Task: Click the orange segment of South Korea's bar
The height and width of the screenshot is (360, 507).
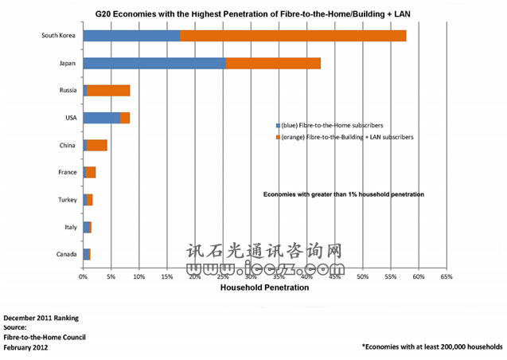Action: (x=292, y=36)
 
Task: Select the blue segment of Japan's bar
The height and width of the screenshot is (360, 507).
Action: (x=154, y=64)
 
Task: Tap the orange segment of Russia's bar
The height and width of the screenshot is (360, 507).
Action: (x=108, y=91)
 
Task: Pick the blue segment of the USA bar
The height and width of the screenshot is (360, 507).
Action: (x=102, y=118)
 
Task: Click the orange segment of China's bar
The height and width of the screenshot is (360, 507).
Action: (x=97, y=145)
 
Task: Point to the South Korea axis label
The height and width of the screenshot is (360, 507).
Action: (x=59, y=36)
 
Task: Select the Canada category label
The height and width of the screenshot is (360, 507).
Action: (x=66, y=254)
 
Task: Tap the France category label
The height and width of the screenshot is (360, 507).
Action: (x=68, y=172)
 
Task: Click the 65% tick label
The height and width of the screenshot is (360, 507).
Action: (x=447, y=276)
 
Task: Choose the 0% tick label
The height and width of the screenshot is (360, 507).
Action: (x=84, y=276)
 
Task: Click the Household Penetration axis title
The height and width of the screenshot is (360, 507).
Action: (x=264, y=288)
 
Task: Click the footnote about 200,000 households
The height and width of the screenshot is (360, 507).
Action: (x=431, y=346)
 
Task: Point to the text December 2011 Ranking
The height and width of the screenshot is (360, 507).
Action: (x=41, y=318)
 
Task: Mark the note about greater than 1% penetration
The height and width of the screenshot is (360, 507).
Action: (x=344, y=194)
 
